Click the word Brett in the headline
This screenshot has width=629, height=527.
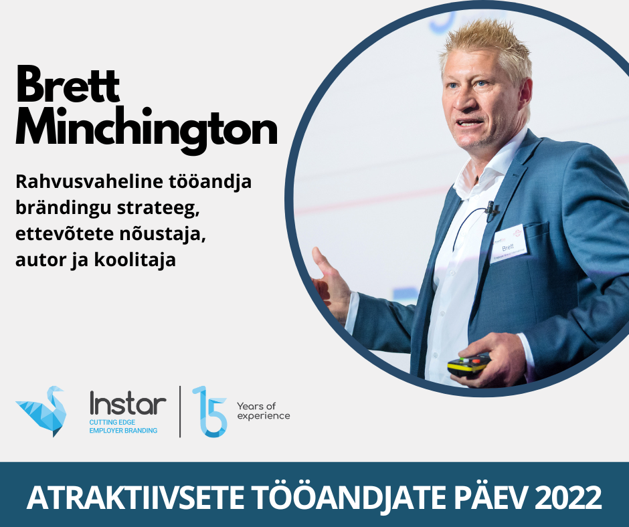click(68, 84)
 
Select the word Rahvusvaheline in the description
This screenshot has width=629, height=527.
click(90, 181)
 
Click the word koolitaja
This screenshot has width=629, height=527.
click(135, 260)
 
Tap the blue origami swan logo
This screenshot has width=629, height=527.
click(41, 411)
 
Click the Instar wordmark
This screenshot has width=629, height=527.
click(128, 403)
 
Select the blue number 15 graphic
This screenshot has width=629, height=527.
click(210, 411)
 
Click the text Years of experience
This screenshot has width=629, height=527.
click(263, 411)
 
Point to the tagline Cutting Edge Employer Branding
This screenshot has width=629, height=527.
click(123, 426)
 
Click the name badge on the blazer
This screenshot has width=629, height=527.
click(509, 243)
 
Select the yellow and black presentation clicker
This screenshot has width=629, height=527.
click(469, 365)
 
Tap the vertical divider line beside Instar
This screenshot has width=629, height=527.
click(180, 411)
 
